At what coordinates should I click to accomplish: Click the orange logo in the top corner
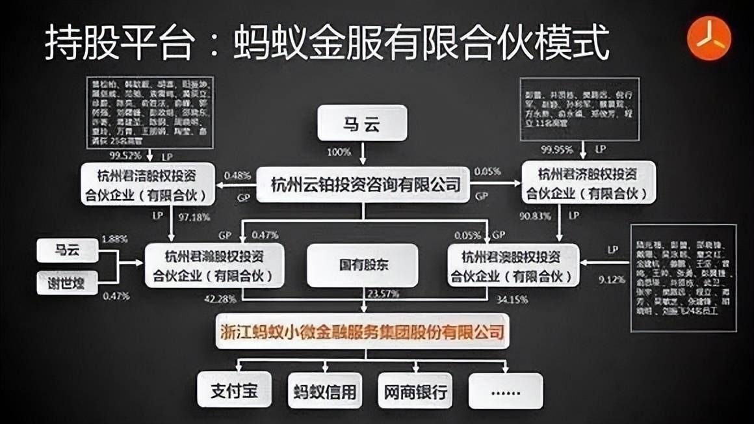[x=710, y=38]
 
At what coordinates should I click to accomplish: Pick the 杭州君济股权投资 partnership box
[x=589, y=183]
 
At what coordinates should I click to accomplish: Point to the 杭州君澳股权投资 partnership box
[x=513, y=265]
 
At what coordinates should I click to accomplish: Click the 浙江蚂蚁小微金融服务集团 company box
[x=363, y=333]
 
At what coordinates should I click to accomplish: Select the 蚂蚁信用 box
[x=323, y=391]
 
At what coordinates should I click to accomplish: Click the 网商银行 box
[x=414, y=391]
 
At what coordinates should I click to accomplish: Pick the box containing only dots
[x=505, y=391]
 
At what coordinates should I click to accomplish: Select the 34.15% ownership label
[x=513, y=300]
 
